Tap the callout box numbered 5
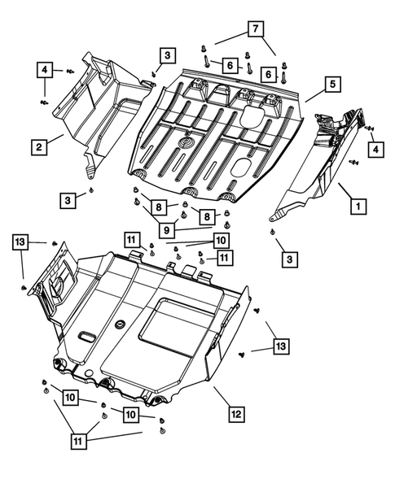click(x=332, y=83)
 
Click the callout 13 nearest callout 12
click(x=279, y=347)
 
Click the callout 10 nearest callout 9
click(x=221, y=240)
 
